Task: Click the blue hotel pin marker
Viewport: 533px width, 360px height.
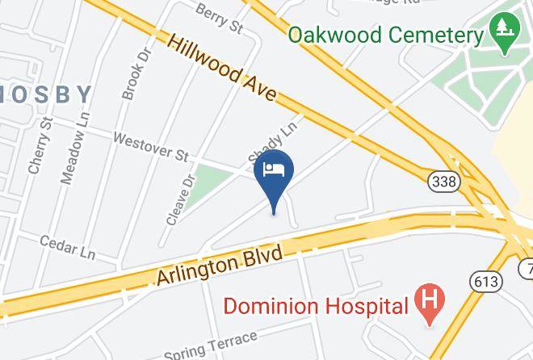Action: click(x=274, y=174)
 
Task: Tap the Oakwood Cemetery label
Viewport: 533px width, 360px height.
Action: click(x=385, y=36)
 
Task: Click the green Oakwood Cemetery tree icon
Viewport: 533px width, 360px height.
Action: click(x=506, y=35)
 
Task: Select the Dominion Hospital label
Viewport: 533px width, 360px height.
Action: click(x=315, y=306)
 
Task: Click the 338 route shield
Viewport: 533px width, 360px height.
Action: click(x=444, y=181)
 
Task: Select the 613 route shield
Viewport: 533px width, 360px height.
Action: click(x=485, y=281)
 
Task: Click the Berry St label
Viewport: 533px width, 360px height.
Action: click(x=219, y=17)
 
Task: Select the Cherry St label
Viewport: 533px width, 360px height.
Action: click(x=40, y=145)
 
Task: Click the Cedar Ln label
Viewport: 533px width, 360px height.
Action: click(x=68, y=245)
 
